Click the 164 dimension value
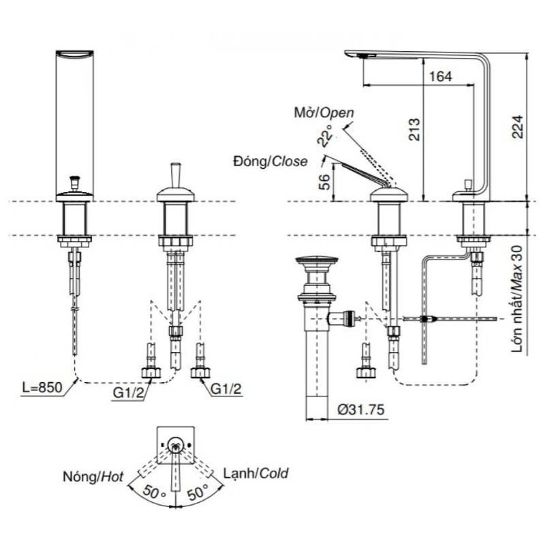coord(441,76)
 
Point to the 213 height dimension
coord(414,129)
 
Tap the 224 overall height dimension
coord(517,127)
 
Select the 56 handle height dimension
coord(324,181)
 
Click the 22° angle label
coord(325,134)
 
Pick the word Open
coord(337,112)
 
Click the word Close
coord(289,161)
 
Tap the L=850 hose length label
coord(42,387)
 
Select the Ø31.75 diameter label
coord(361,409)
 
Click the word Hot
coord(112,476)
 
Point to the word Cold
coord(274,473)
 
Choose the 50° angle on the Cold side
coord(198,491)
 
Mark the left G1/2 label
coord(128,393)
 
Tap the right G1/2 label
coord(226,388)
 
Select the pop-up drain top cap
coord(316,260)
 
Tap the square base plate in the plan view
coord(176,445)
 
